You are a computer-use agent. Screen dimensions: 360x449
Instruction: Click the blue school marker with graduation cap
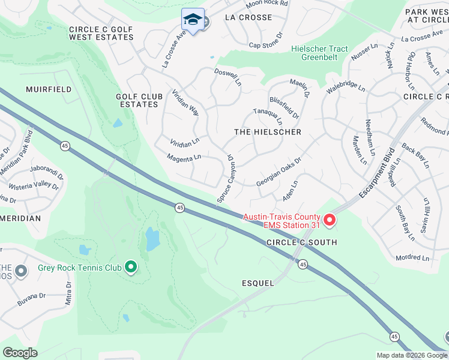(x=193, y=19)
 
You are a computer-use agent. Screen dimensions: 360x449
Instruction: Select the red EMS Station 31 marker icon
(x=329, y=221)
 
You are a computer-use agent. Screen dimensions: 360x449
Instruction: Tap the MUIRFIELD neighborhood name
(x=49, y=89)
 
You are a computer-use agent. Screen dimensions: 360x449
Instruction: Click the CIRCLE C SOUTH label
(x=302, y=242)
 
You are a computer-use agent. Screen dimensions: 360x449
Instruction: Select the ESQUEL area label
(x=258, y=283)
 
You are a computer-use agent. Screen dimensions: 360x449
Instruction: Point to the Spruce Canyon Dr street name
(x=225, y=178)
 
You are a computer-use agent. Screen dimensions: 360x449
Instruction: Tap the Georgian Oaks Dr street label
(x=278, y=172)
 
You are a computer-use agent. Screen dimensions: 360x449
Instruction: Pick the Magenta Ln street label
(x=184, y=158)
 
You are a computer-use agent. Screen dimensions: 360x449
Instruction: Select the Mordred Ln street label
(x=412, y=258)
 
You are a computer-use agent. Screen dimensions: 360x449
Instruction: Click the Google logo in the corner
(x=20, y=352)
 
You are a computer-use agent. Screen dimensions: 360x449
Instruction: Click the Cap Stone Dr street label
(x=265, y=45)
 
